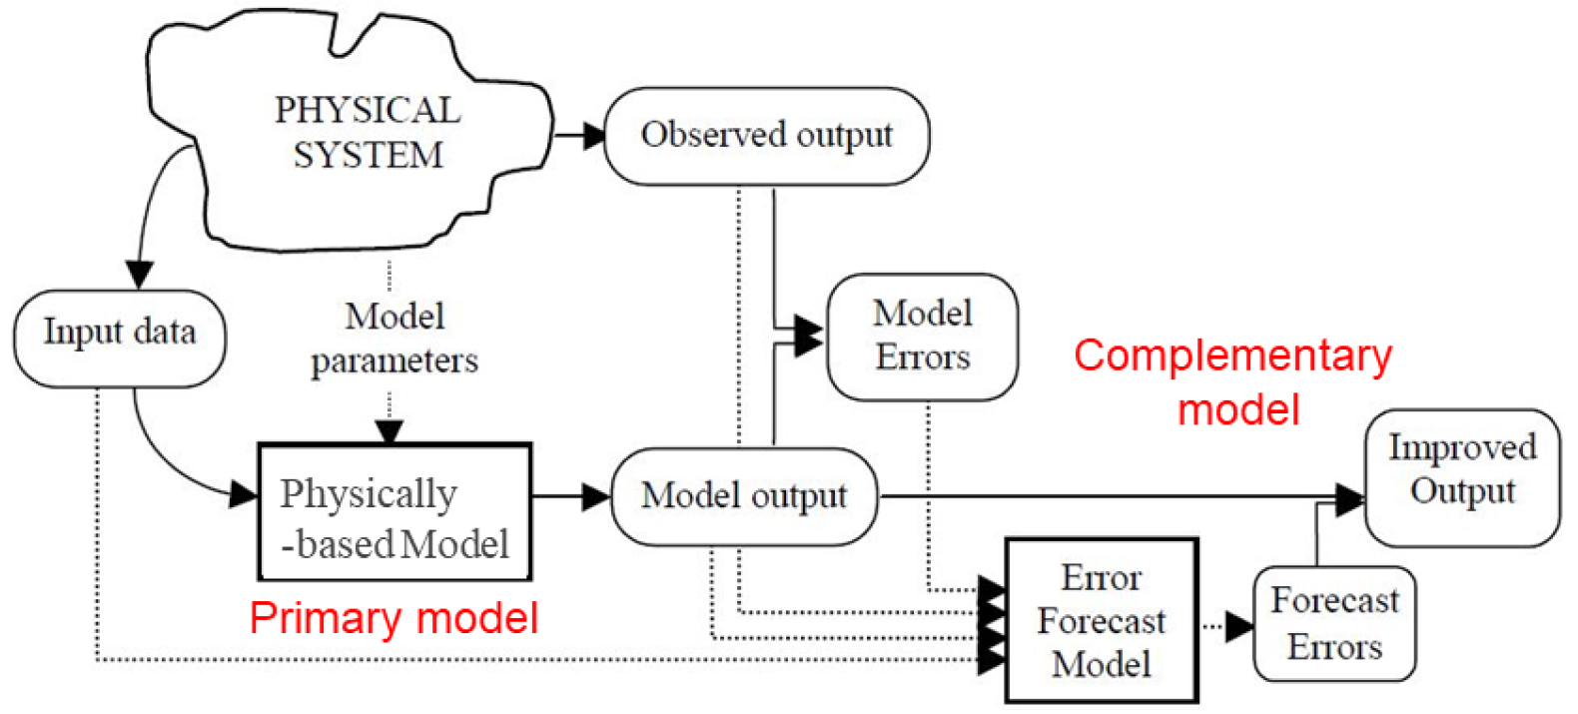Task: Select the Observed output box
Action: [x=766, y=136]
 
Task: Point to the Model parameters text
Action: [x=394, y=338]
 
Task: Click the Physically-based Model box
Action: [x=394, y=512]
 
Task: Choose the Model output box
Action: [x=744, y=496]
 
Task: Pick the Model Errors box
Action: [x=923, y=337]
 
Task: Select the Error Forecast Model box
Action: [x=1102, y=620]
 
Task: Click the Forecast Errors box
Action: [x=1334, y=624]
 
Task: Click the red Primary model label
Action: [x=394, y=618]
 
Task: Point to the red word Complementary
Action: [x=1232, y=356]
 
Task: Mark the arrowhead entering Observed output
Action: [x=594, y=135]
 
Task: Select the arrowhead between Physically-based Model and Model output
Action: [x=597, y=496]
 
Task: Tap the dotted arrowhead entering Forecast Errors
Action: [x=1240, y=627]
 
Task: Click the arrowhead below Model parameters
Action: [x=390, y=431]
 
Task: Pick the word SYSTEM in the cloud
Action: [x=368, y=156]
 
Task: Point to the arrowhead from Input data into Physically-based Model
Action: [x=245, y=493]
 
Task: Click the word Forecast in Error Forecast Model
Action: [x=1102, y=621]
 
